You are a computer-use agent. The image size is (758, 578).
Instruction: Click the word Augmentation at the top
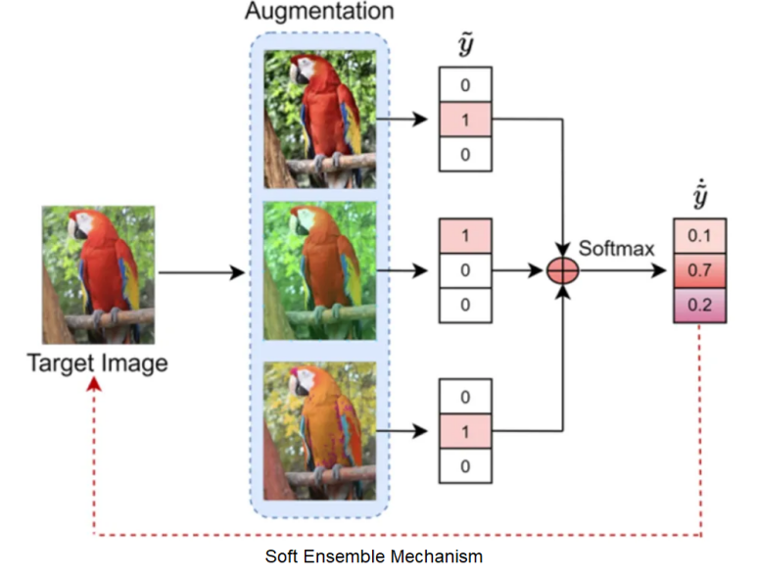click(319, 13)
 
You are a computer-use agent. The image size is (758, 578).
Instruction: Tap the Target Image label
click(97, 363)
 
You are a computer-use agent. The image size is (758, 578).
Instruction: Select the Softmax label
click(616, 249)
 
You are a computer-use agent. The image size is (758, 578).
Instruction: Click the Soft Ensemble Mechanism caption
click(374, 556)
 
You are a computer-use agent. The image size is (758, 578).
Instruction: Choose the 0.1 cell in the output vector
click(699, 236)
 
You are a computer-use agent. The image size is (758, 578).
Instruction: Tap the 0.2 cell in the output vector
click(699, 305)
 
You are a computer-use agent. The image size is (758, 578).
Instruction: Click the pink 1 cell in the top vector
click(464, 120)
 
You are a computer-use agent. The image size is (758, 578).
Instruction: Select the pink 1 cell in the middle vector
click(464, 236)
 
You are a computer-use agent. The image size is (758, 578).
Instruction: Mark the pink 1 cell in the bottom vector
click(464, 431)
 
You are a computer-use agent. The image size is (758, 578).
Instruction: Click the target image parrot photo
click(98, 274)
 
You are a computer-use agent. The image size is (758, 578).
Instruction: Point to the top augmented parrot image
click(319, 119)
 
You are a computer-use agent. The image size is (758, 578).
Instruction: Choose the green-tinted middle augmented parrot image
click(319, 270)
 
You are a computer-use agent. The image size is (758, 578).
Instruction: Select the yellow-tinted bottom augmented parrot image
click(319, 432)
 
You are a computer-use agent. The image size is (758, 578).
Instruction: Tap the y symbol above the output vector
click(699, 199)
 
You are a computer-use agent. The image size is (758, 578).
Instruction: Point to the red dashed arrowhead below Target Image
click(93, 386)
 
